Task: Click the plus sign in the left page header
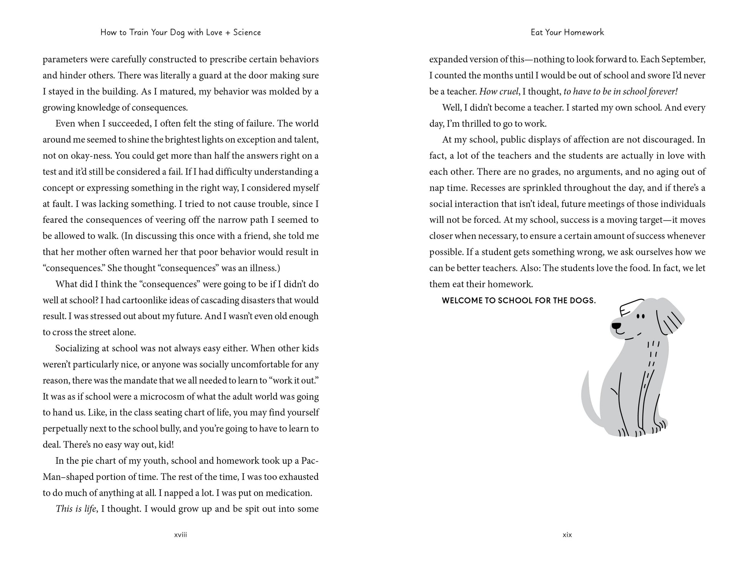(x=228, y=33)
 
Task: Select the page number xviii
(x=180, y=534)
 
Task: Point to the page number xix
(x=567, y=534)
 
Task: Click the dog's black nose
(x=616, y=326)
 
